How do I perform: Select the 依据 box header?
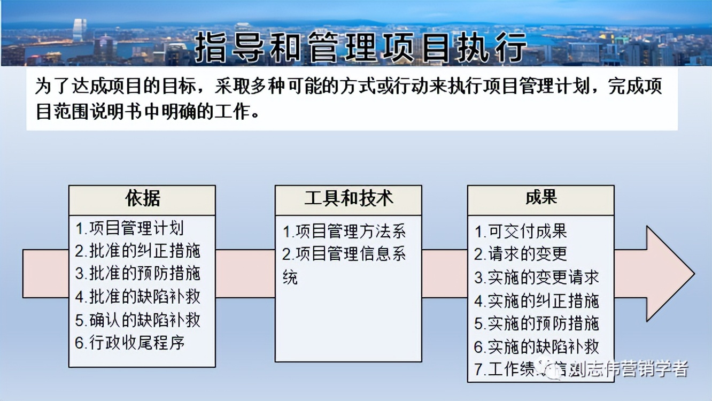(142, 199)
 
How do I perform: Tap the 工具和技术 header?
(349, 199)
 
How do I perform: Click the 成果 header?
(541, 198)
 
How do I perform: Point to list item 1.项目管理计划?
(129, 228)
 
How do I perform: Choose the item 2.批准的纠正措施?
(137, 251)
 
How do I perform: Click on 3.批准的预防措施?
(137, 273)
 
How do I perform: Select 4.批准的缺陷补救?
(137, 296)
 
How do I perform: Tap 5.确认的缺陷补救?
(137, 320)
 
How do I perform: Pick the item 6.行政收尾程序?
(130, 342)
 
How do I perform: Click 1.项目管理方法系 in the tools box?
(344, 231)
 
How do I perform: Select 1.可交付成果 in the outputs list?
(521, 231)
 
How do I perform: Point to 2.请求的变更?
(521, 253)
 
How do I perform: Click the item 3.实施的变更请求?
(536, 277)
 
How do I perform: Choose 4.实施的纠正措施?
(536, 301)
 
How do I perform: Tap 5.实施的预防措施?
(536, 323)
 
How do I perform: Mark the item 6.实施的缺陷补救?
(536, 346)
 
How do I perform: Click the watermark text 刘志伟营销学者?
(628, 369)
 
